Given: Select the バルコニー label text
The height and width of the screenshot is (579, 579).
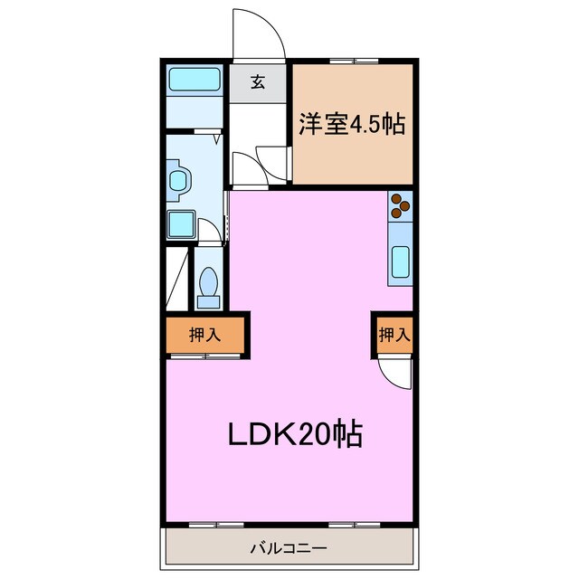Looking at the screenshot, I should [x=289, y=547].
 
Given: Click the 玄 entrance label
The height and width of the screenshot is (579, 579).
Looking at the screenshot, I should [x=258, y=82].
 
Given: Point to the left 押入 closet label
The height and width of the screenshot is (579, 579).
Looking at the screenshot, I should [x=204, y=335].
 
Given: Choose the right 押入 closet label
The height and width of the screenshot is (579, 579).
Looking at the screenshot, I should [x=394, y=335].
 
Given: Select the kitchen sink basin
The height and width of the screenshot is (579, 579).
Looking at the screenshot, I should [x=401, y=261].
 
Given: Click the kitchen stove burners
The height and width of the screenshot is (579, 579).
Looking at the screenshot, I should [x=400, y=207].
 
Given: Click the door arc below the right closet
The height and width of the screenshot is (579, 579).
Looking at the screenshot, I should [x=395, y=371].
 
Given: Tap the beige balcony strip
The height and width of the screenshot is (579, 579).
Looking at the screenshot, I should [x=289, y=547].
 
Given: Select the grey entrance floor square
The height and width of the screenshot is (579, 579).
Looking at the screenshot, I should [x=258, y=82].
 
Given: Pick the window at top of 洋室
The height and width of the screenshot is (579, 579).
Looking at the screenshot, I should [x=354, y=61].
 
